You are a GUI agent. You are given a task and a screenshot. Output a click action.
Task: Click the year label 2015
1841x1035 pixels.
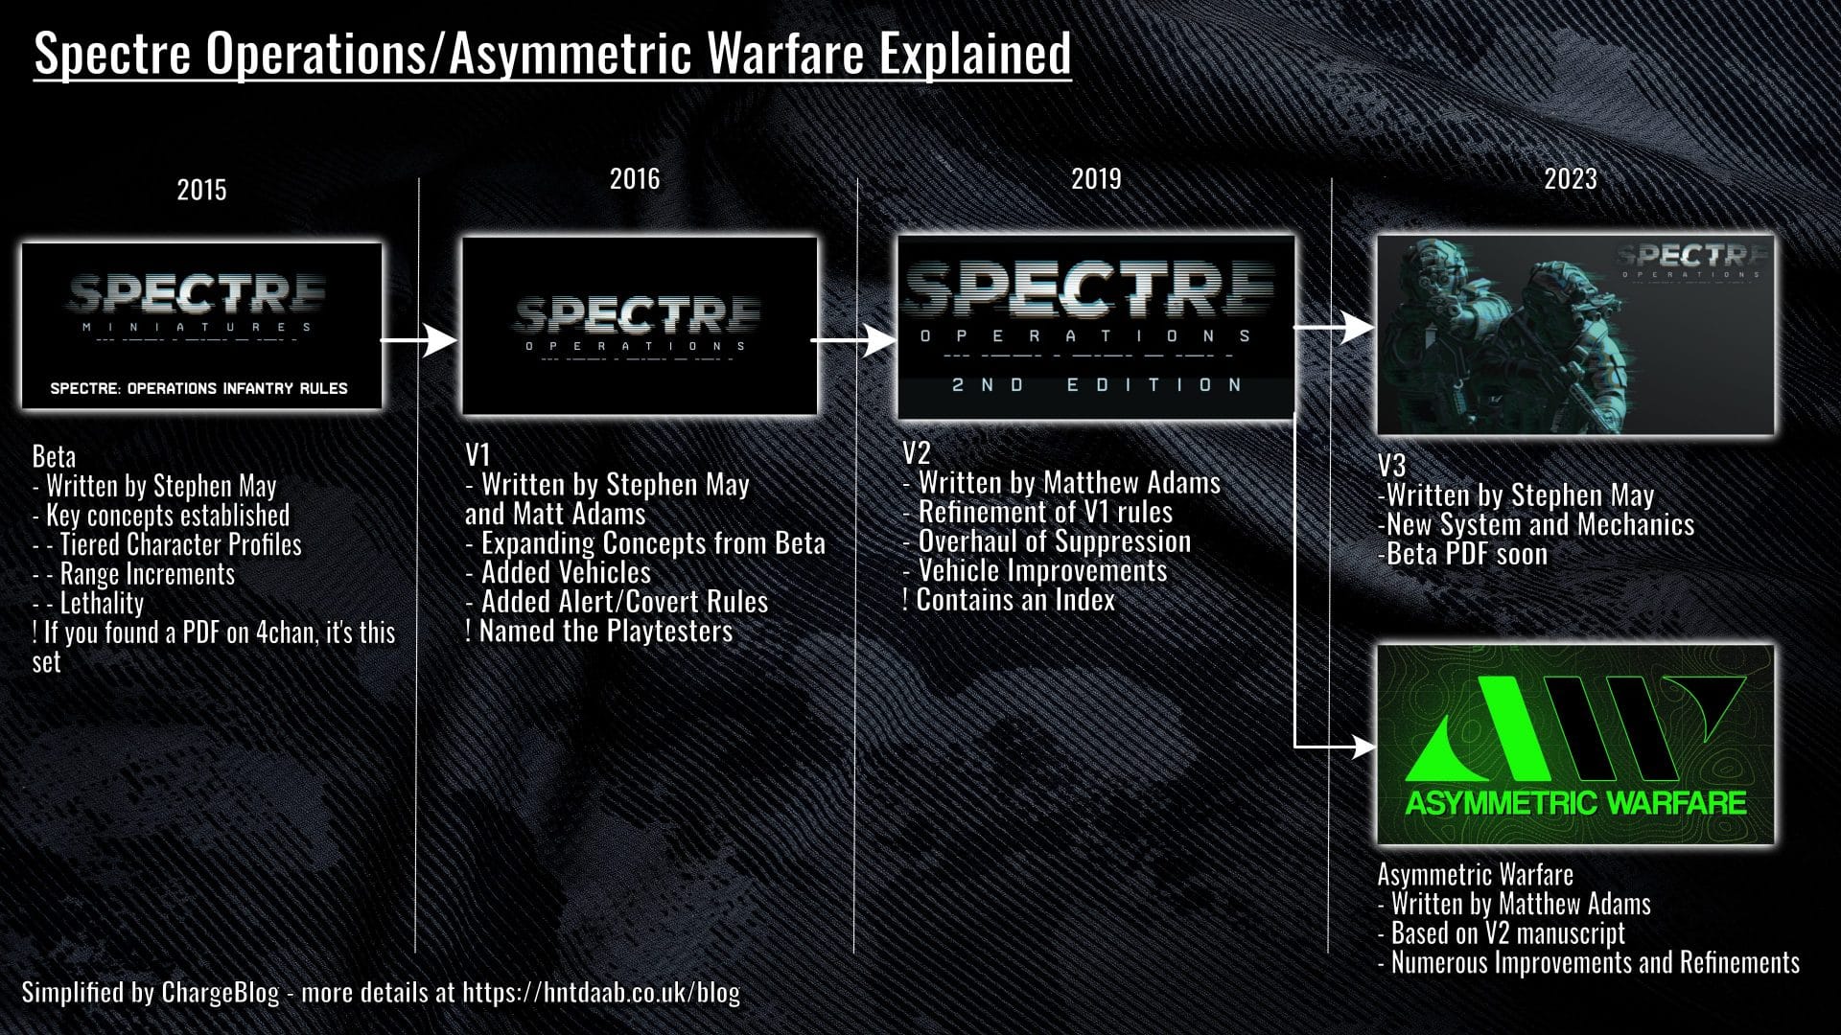pyautogui.click(x=201, y=190)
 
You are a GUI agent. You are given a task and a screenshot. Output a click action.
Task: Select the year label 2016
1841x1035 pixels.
pyautogui.click(x=635, y=178)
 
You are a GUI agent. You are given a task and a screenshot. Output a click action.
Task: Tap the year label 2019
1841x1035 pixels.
pyautogui.click(x=1096, y=178)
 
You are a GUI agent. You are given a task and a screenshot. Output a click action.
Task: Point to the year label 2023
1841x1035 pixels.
pyautogui.click(x=1571, y=178)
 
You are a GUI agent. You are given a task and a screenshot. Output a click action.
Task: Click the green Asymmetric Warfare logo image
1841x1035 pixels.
pyautogui.click(x=1575, y=745)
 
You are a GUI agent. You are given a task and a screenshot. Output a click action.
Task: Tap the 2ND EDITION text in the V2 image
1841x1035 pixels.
pyautogui.click(x=1097, y=384)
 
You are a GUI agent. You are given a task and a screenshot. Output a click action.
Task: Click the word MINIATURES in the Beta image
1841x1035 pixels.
pyautogui.click(x=197, y=327)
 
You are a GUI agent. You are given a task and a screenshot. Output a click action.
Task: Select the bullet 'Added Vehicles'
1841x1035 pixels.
pyautogui.click(x=558, y=573)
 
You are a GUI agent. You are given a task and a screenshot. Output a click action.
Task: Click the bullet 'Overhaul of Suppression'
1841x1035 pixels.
pyautogui.click(x=1047, y=541)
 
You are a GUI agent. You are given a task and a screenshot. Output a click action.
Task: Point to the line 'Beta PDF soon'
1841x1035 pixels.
pyautogui.click(x=1462, y=554)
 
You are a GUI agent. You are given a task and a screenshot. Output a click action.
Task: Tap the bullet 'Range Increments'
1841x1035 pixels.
pyautogui.click(x=134, y=574)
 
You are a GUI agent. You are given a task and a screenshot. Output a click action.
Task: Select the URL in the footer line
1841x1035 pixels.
pyautogui.click(x=601, y=992)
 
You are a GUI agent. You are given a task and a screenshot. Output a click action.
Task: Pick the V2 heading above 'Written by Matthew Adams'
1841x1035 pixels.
pyautogui.click(x=917, y=452)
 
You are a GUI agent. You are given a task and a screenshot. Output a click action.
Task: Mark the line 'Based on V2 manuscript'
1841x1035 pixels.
pyautogui.click(x=1502, y=933)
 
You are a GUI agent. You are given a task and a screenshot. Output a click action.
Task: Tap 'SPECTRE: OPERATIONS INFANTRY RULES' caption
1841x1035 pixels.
pyautogui.click(x=199, y=388)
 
